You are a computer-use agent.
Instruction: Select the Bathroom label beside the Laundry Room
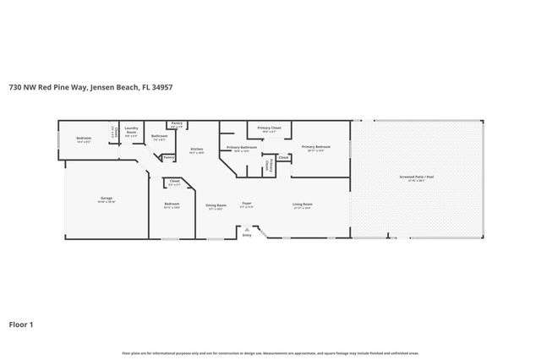[x=159, y=136]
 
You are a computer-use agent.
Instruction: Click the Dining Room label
[x=216, y=205]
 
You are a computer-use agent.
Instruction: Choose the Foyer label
[x=247, y=204]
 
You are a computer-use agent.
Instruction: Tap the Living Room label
[x=303, y=205]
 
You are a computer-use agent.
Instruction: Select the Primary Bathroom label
[x=242, y=148]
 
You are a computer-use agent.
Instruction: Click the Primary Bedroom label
[x=316, y=147]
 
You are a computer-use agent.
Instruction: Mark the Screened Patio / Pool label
[x=417, y=178]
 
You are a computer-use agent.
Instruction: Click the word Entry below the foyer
[x=247, y=235]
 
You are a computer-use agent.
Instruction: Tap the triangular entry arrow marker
[x=247, y=227]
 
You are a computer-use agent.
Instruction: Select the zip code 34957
[x=164, y=86]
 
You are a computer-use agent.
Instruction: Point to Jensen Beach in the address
[x=115, y=86]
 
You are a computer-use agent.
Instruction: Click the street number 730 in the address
[x=15, y=86]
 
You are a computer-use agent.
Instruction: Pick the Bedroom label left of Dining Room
[x=172, y=205]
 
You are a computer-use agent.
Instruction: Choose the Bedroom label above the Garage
[x=83, y=139]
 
